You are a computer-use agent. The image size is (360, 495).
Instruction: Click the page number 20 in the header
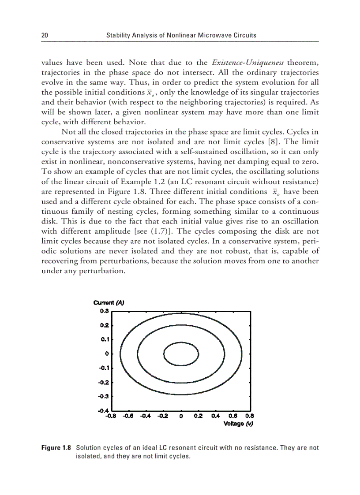click(44, 35)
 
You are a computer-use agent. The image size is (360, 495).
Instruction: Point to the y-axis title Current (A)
click(109, 303)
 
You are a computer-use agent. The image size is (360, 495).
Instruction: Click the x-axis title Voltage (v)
click(239, 424)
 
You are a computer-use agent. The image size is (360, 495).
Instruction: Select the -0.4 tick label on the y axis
click(103, 411)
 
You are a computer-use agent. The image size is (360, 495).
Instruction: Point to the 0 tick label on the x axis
click(181, 416)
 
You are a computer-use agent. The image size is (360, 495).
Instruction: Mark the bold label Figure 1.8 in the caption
click(56, 448)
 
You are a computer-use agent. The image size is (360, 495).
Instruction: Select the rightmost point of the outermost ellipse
click(242, 354)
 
